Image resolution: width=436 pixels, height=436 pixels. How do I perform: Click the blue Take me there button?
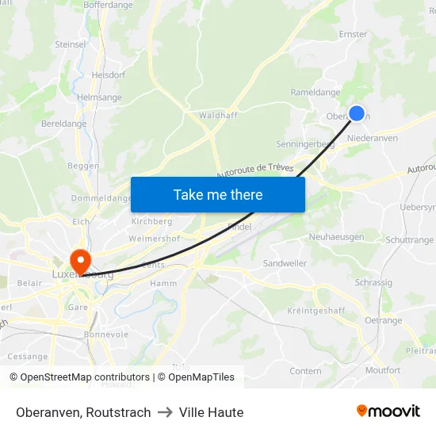point(218,194)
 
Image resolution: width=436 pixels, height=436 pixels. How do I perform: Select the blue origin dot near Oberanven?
point(357,113)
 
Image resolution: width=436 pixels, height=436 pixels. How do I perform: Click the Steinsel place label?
point(71,44)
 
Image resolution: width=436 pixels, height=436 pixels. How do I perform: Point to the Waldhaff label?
point(218,115)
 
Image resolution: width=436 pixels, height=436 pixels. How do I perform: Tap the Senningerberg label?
point(304,144)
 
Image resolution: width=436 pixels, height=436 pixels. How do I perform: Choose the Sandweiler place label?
point(284,262)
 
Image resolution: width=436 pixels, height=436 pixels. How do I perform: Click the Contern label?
point(305,371)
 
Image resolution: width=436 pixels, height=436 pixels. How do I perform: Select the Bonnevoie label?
point(106,335)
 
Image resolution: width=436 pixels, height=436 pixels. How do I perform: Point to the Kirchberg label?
point(151,221)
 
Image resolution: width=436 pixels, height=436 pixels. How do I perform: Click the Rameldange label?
point(316,92)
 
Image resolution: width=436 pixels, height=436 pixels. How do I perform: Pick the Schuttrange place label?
point(409,240)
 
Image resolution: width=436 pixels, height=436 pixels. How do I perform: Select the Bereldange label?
point(64,124)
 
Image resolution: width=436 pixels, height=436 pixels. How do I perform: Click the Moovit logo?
point(388,411)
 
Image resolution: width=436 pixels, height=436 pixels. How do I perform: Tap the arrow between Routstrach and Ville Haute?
point(164,412)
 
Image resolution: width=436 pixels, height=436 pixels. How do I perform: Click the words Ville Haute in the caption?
point(211,412)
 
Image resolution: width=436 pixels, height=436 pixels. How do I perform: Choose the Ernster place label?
point(353,34)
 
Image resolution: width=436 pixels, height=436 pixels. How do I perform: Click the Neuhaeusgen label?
point(336,237)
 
